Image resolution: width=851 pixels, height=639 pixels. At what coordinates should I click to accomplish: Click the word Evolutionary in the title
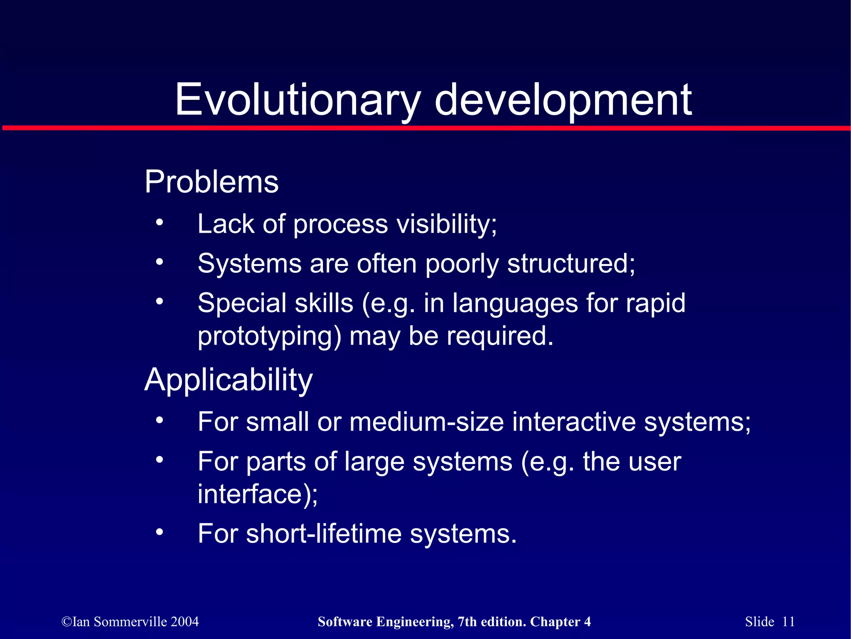298,100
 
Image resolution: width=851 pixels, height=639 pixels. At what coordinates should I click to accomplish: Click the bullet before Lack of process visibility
160,222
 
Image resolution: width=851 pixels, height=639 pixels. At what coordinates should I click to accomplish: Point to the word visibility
446,224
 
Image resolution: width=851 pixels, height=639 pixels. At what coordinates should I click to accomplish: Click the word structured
571,264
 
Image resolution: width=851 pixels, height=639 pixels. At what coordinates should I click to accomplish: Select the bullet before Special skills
160,301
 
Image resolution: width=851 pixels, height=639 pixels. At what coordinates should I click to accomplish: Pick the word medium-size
426,422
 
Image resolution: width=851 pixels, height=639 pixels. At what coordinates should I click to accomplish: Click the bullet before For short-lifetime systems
160,532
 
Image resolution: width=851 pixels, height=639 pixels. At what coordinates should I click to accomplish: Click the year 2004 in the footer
184,622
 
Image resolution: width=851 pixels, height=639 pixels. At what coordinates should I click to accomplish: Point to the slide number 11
788,622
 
